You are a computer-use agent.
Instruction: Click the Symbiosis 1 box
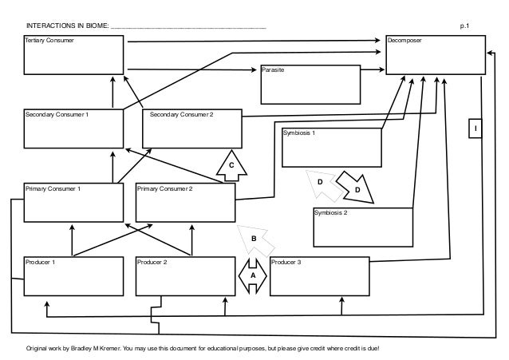coord(331,147)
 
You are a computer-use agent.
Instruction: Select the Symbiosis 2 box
coord(361,228)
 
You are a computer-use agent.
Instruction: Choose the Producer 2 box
coord(185,276)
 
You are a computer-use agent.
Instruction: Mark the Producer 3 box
coord(320,276)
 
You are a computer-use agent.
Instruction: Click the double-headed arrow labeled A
coord(253,275)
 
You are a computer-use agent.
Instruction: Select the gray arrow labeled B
coord(254,237)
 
